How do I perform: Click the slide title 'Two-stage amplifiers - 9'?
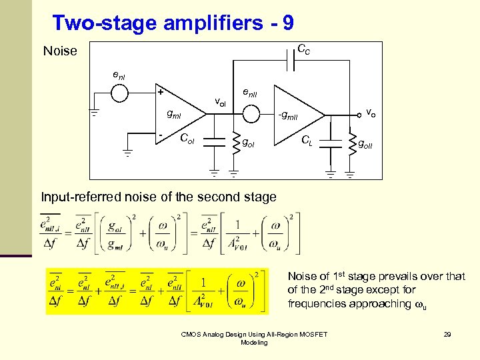tap(173, 23)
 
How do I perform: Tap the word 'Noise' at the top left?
tap(60, 51)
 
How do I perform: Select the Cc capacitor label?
tap(303, 49)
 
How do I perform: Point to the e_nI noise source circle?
tap(119, 93)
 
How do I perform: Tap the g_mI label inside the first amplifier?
tap(173, 115)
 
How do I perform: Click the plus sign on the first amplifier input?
tap(160, 92)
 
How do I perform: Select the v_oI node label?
tap(220, 102)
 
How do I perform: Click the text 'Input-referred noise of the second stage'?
tap(159, 197)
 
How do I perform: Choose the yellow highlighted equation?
tap(156, 291)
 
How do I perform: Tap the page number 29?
tap(447, 334)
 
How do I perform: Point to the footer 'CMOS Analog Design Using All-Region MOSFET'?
tap(254, 334)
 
